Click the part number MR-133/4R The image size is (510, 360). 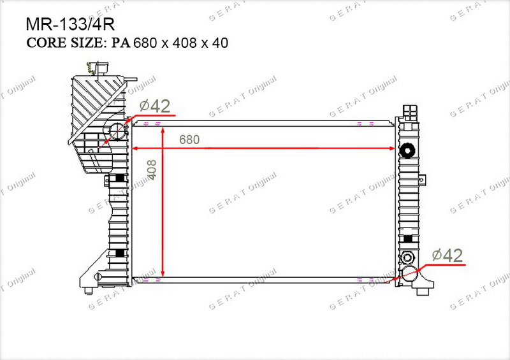pyautogui.click(x=70, y=24)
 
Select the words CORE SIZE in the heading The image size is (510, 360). pyautogui.click(x=65, y=43)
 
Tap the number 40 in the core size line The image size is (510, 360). pyautogui.click(x=220, y=43)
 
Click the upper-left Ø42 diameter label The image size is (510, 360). pyautogui.click(x=155, y=106)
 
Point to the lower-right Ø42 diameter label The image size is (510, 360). pyautogui.click(x=448, y=256)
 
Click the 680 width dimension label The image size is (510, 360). pyautogui.click(x=189, y=140)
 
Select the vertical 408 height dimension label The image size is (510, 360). pyautogui.click(x=152, y=169)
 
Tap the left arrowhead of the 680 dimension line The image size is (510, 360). pyautogui.click(x=135, y=148)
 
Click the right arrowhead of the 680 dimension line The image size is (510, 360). pyautogui.click(x=391, y=148)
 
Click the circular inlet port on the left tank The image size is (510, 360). pyautogui.click(x=117, y=131)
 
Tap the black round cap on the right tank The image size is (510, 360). pyautogui.click(x=408, y=150)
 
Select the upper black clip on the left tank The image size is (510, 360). pyautogui.click(x=120, y=178)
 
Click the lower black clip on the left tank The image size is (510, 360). pyautogui.click(x=120, y=253)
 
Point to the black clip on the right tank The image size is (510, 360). pyautogui.click(x=408, y=239)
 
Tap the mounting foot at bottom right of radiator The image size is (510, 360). pyautogui.click(x=424, y=285)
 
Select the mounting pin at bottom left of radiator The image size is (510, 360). pyautogui.click(x=89, y=291)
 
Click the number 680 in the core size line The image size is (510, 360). pyautogui.click(x=145, y=43)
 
